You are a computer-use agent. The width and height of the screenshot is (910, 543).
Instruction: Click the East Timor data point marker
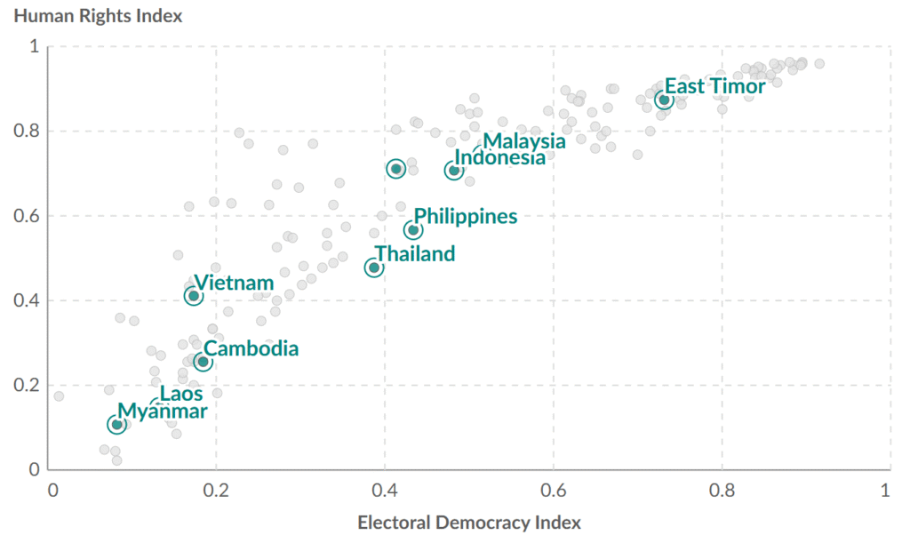(663, 100)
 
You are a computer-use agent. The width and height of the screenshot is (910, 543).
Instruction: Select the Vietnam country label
(234, 283)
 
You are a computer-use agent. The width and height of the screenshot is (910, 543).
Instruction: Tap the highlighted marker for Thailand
(374, 268)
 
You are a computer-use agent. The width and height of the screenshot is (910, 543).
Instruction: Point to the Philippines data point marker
(413, 230)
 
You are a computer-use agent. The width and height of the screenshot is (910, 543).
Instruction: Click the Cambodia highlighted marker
(204, 362)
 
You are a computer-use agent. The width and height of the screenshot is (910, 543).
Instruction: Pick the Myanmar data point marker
(116, 425)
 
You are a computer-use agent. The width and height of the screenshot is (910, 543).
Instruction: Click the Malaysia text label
(524, 140)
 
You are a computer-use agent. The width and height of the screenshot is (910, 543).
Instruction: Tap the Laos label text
(181, 394)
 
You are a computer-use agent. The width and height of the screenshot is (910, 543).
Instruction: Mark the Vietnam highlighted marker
(194, 296)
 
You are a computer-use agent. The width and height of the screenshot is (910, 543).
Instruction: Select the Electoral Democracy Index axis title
(469, 523)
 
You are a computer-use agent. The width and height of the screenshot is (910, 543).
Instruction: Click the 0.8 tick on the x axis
(722, 490)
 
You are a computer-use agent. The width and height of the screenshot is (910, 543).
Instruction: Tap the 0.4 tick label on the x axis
(385, 490)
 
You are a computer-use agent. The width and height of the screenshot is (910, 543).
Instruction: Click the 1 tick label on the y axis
(34, 46)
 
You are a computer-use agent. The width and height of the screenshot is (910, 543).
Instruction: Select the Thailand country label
(414, 254)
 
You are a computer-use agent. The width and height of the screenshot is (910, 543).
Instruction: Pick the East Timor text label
(714, 87)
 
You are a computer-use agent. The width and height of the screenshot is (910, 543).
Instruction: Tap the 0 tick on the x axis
(53, 490)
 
